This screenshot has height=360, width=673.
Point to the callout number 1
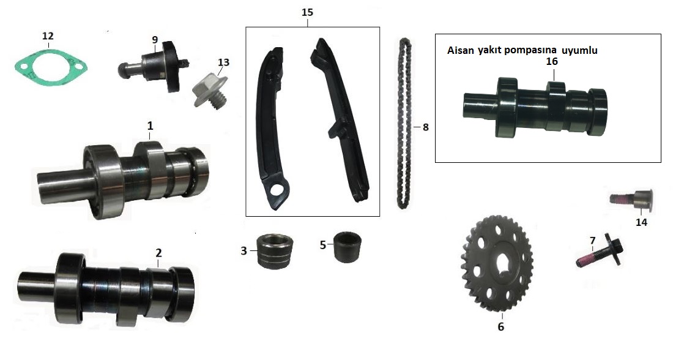pos(149,126)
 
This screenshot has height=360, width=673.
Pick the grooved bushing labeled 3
pos(274,251)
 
